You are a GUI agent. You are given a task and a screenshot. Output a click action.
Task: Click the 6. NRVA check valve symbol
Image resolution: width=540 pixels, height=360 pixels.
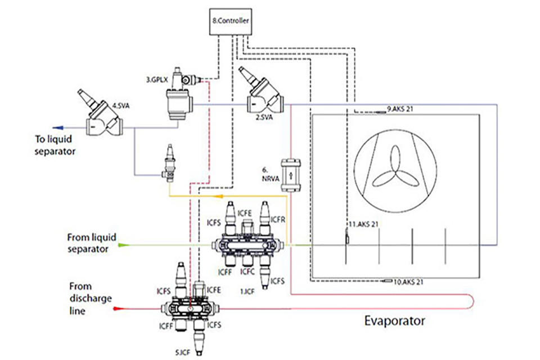[291, 175]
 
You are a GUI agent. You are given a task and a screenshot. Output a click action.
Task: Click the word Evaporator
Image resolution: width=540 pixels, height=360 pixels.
[394, 321]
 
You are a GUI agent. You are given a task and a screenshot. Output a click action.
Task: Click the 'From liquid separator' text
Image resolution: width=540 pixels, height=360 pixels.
[91, 244]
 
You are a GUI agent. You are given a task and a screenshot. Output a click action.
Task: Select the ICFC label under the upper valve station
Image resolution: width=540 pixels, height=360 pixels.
[248, 272]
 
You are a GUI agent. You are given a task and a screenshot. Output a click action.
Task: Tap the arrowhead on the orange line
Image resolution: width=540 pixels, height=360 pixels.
[214, 196]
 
